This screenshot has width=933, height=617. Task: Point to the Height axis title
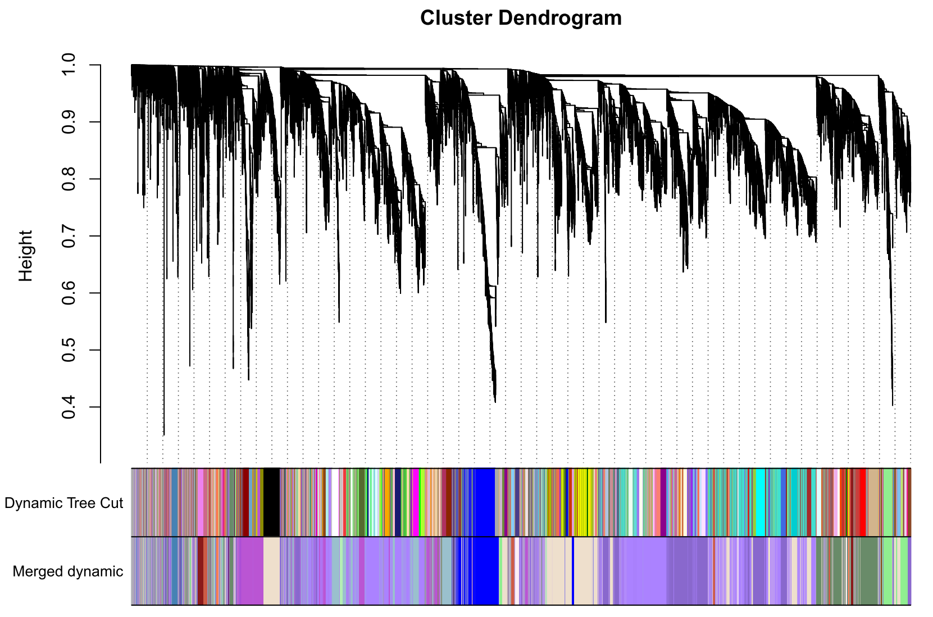point(25,256)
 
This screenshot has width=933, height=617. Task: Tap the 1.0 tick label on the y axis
point(68,65)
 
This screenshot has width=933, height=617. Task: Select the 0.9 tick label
point(68,122)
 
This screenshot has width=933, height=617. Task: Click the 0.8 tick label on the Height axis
point(68,179)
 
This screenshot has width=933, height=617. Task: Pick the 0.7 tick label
point(68,236)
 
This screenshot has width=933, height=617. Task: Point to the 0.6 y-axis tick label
point(68,293)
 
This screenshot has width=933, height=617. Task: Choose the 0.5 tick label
point(68,350)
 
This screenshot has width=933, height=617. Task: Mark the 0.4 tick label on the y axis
point(68,407)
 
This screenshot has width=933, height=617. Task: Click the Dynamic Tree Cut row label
point(63,503)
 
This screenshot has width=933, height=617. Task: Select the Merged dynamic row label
point(67,571)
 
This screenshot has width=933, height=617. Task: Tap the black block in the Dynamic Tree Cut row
point(271,502)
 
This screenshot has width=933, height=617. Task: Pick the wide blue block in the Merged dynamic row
point(485,571)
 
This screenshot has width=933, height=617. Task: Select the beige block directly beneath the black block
point(271,571)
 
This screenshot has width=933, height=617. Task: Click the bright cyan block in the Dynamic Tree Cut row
point(760,502)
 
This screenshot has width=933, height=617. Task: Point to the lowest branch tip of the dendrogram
point(163,434)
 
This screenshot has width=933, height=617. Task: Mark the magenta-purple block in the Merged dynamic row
point(249,571)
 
